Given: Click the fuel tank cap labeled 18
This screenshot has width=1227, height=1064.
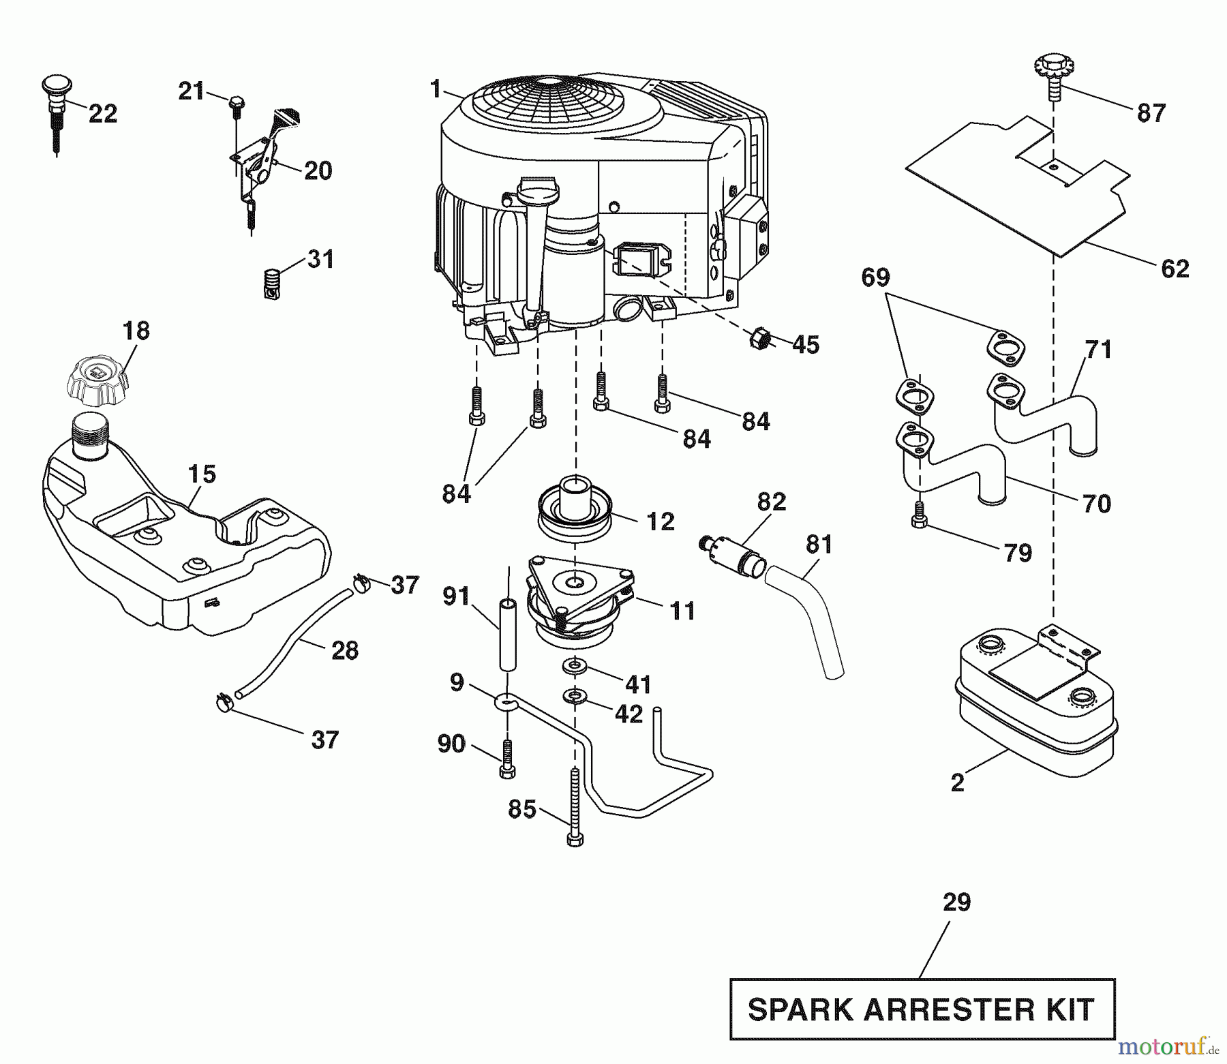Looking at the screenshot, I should (x=96, y=379).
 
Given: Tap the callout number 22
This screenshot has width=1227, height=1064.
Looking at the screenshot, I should (x=103, y=113).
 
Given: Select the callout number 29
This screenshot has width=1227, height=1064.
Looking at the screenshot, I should (x=956, y=902).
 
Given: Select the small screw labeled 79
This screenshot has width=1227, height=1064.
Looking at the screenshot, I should (x=918, y=532).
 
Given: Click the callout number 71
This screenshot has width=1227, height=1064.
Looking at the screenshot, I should (x=1098, y=350).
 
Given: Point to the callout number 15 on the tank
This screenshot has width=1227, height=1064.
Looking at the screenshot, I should (x=202, y=474).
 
